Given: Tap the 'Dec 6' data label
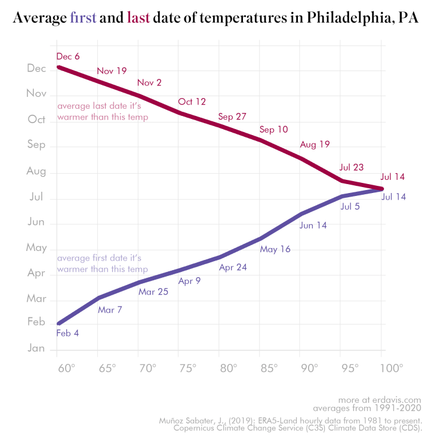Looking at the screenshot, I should (x=68, y=57).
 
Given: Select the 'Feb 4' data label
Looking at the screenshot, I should (x=67, y=333).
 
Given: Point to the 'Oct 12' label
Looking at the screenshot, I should (x=192, y=102).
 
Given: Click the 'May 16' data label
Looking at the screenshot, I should (x=275, y=249).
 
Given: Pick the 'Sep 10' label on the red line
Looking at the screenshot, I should (x=273, y=129).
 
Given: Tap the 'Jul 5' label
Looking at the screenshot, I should (x=350, y=207).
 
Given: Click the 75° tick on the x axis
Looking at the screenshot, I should (x=187, y=367).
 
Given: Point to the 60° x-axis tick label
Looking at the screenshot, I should (x=66, y=367).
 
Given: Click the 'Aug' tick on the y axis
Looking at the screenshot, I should (x=37, y=171).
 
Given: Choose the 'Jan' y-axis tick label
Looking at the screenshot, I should (x=37, y=348).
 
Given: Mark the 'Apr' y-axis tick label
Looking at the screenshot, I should (x=37, y=272).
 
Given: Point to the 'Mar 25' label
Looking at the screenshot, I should (x=153, y=292).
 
